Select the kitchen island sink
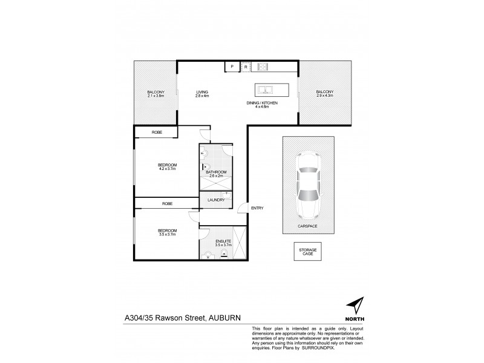tap(266, 91)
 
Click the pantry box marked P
tap(231, 67)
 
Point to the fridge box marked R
tap(246, 67)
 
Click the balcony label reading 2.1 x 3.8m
tap(155, 94)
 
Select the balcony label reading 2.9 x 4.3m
tap(324, 94)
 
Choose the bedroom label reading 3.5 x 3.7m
tap(166, 232)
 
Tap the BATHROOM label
tap(215, 174)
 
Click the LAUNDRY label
tap(216, 200)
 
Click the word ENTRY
tap(257, 209)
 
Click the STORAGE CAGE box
tap(306, 252)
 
